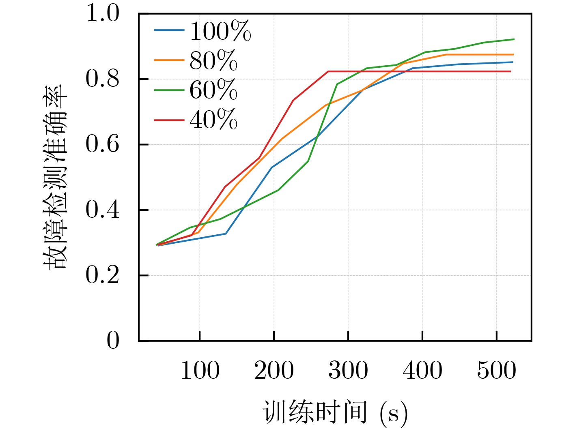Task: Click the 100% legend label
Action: point(220,31)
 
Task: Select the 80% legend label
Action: point(213,61)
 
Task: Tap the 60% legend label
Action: point(213,90)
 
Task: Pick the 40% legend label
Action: point(213,120)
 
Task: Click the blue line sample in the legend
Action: point(169,30)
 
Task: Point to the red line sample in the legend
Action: point(169,120)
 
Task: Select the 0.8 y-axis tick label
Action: point(103,79)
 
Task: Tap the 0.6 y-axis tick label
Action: point(103,145)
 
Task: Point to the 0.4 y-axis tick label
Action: point(103,210)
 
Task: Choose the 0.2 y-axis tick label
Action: point(103,276)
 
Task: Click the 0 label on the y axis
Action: point(113,341)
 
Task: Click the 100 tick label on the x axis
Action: point(200,371)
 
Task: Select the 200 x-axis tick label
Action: point(274,371)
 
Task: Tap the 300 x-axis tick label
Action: point(348,371)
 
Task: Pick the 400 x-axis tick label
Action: point(422,371)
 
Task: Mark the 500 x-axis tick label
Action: point(496,371)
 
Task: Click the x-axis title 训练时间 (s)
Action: point(335,413)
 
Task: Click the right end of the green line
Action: point(514,39)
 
